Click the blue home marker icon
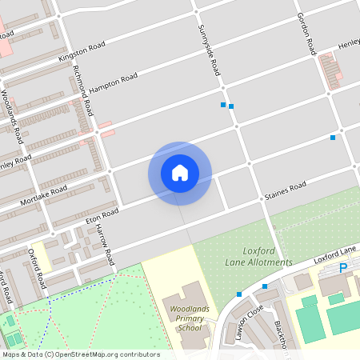180,173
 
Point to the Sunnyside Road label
209,50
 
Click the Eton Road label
102,216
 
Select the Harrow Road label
106,244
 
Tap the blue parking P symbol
344,269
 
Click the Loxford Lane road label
334,258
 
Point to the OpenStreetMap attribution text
81,354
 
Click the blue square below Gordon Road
333,138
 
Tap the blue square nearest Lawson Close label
238,294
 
